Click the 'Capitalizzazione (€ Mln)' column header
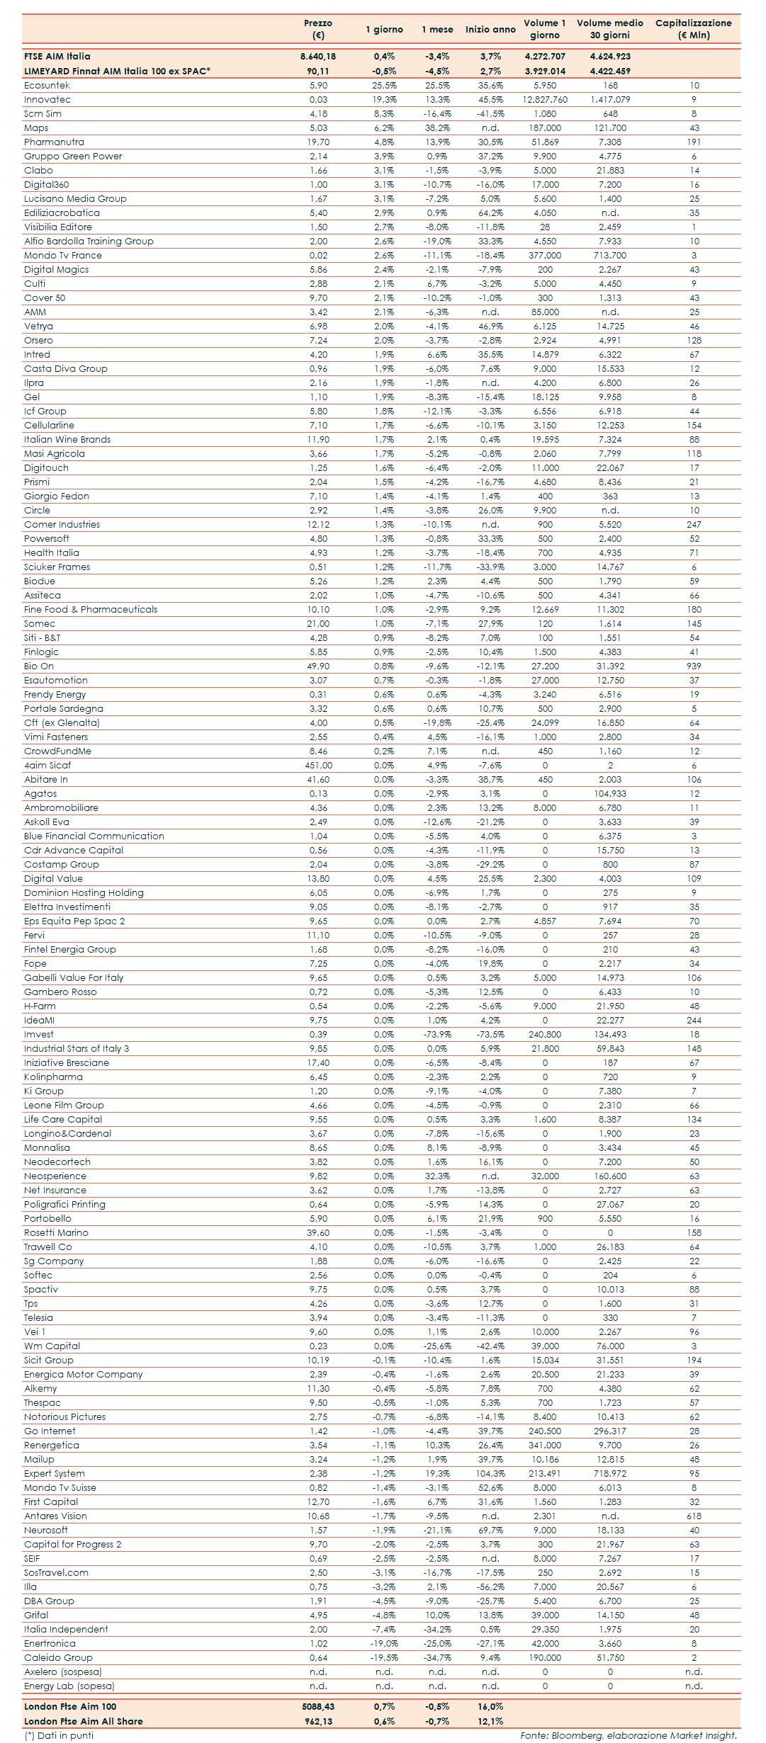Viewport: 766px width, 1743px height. [x=693, y=29]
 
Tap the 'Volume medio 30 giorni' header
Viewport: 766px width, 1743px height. [x=609, y=29]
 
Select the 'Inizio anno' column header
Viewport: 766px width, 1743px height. [x=490, y=30]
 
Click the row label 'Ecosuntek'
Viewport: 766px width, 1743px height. [x=47, y=86]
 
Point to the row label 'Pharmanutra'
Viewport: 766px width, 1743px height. [x=54, y=142]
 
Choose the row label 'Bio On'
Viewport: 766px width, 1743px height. [x=39, y=666]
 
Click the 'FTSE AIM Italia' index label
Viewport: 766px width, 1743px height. [x=57, y=57]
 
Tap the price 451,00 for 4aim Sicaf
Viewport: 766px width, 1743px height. [x=318, y=766]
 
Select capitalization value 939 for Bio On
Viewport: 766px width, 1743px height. [x=694, y=666]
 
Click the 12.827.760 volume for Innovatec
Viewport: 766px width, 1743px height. [x=545, y=100]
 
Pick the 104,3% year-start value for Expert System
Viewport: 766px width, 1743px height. [x=490, y=1474]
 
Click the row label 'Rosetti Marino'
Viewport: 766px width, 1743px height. [x=56, y=1233]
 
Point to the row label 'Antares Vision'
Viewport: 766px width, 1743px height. [x=55, y=1516]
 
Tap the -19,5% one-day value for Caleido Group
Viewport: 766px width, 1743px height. [x=384, y=1658]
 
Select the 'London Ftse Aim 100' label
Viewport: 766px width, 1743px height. [x=70, y=1707]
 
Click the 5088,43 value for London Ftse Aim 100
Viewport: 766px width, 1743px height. [x=317, y=1707]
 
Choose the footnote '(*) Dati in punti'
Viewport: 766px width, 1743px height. [x=59, y=1735]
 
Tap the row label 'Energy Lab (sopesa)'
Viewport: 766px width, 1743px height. [x=69, y=1686]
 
